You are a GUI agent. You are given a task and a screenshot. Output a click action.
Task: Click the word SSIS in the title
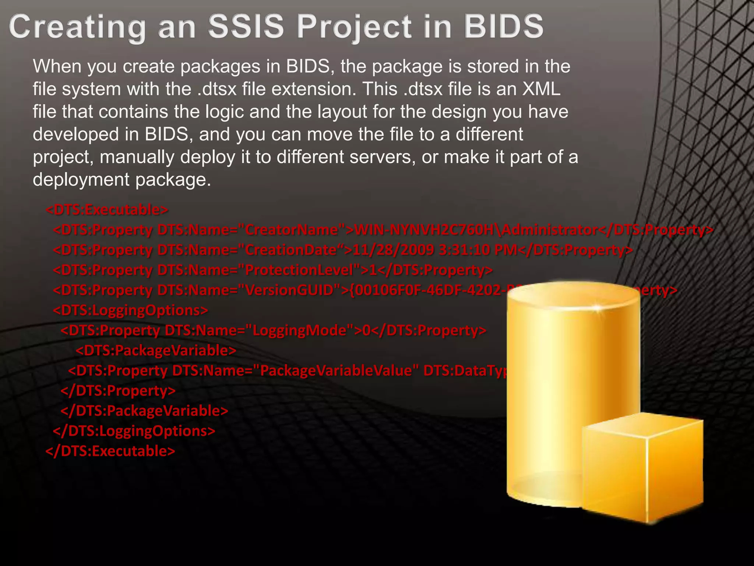246,27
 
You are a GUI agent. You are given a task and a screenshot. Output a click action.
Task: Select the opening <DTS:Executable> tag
107,210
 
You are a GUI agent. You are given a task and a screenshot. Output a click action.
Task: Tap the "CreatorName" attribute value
292,230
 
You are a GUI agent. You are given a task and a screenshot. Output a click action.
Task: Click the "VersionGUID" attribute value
289,290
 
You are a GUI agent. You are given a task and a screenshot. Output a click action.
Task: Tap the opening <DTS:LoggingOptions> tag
130,310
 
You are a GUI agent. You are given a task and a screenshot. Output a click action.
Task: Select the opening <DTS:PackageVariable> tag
156,350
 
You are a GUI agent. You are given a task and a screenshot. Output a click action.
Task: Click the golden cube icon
642,468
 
